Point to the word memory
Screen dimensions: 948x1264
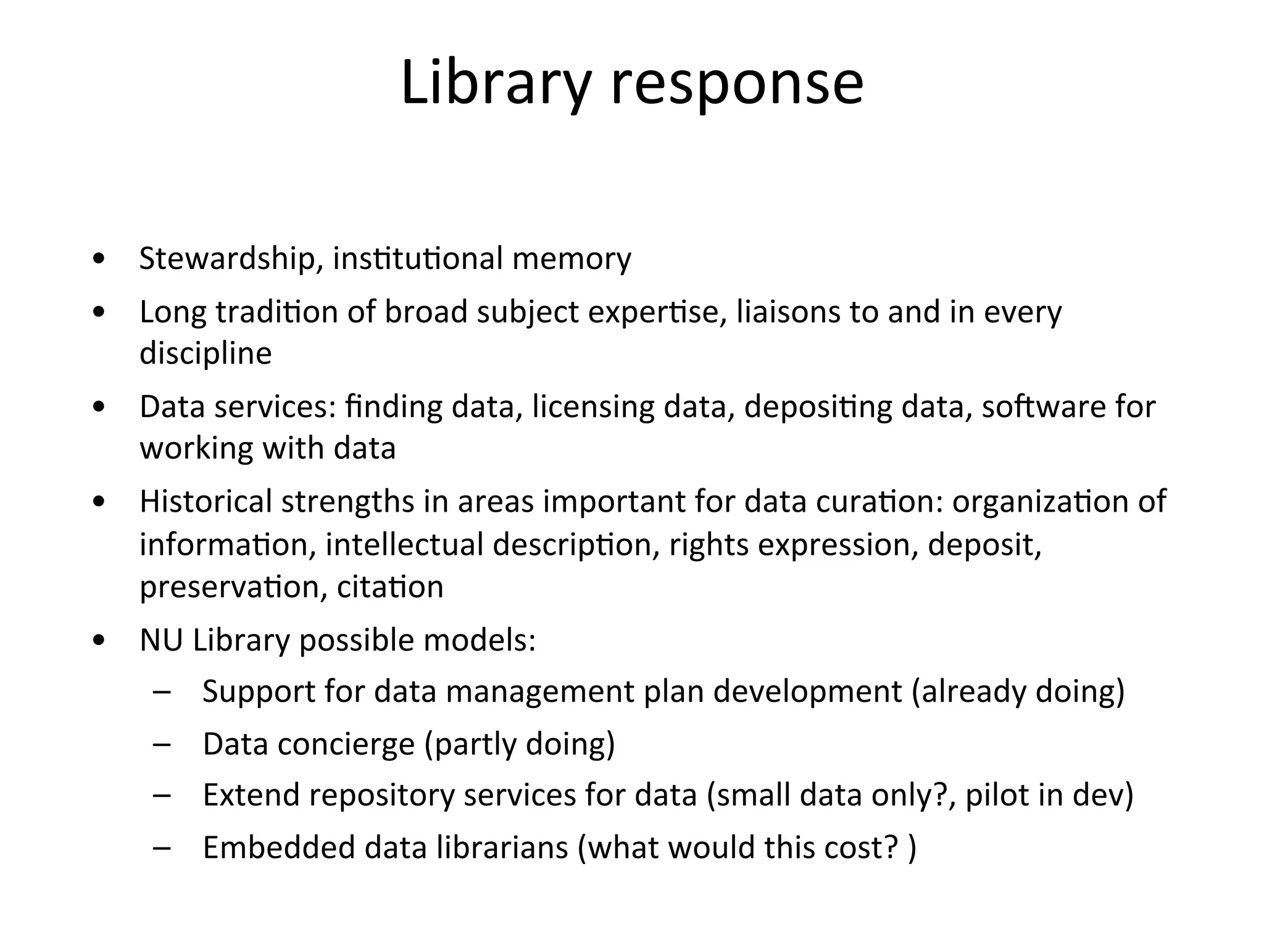(x=571, y=258)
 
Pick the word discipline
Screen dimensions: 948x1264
(x=206, y=353)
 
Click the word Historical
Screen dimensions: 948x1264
(x=206, y=501)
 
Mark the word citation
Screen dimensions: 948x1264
(x=390, y=586)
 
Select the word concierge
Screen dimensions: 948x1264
(x=346, y=744)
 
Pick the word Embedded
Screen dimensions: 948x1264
(x=278, y=847)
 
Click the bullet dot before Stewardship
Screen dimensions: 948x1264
(x=98, y=259)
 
